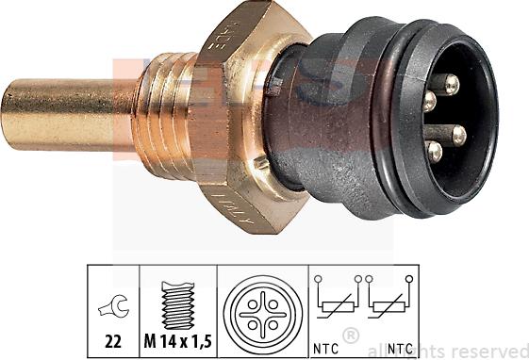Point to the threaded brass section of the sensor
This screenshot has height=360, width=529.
pos(166,108)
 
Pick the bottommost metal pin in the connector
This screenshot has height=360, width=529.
pos(435,151)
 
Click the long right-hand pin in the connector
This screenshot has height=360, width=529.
pos(458,135)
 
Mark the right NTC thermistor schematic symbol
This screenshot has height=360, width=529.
pos(389,302)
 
